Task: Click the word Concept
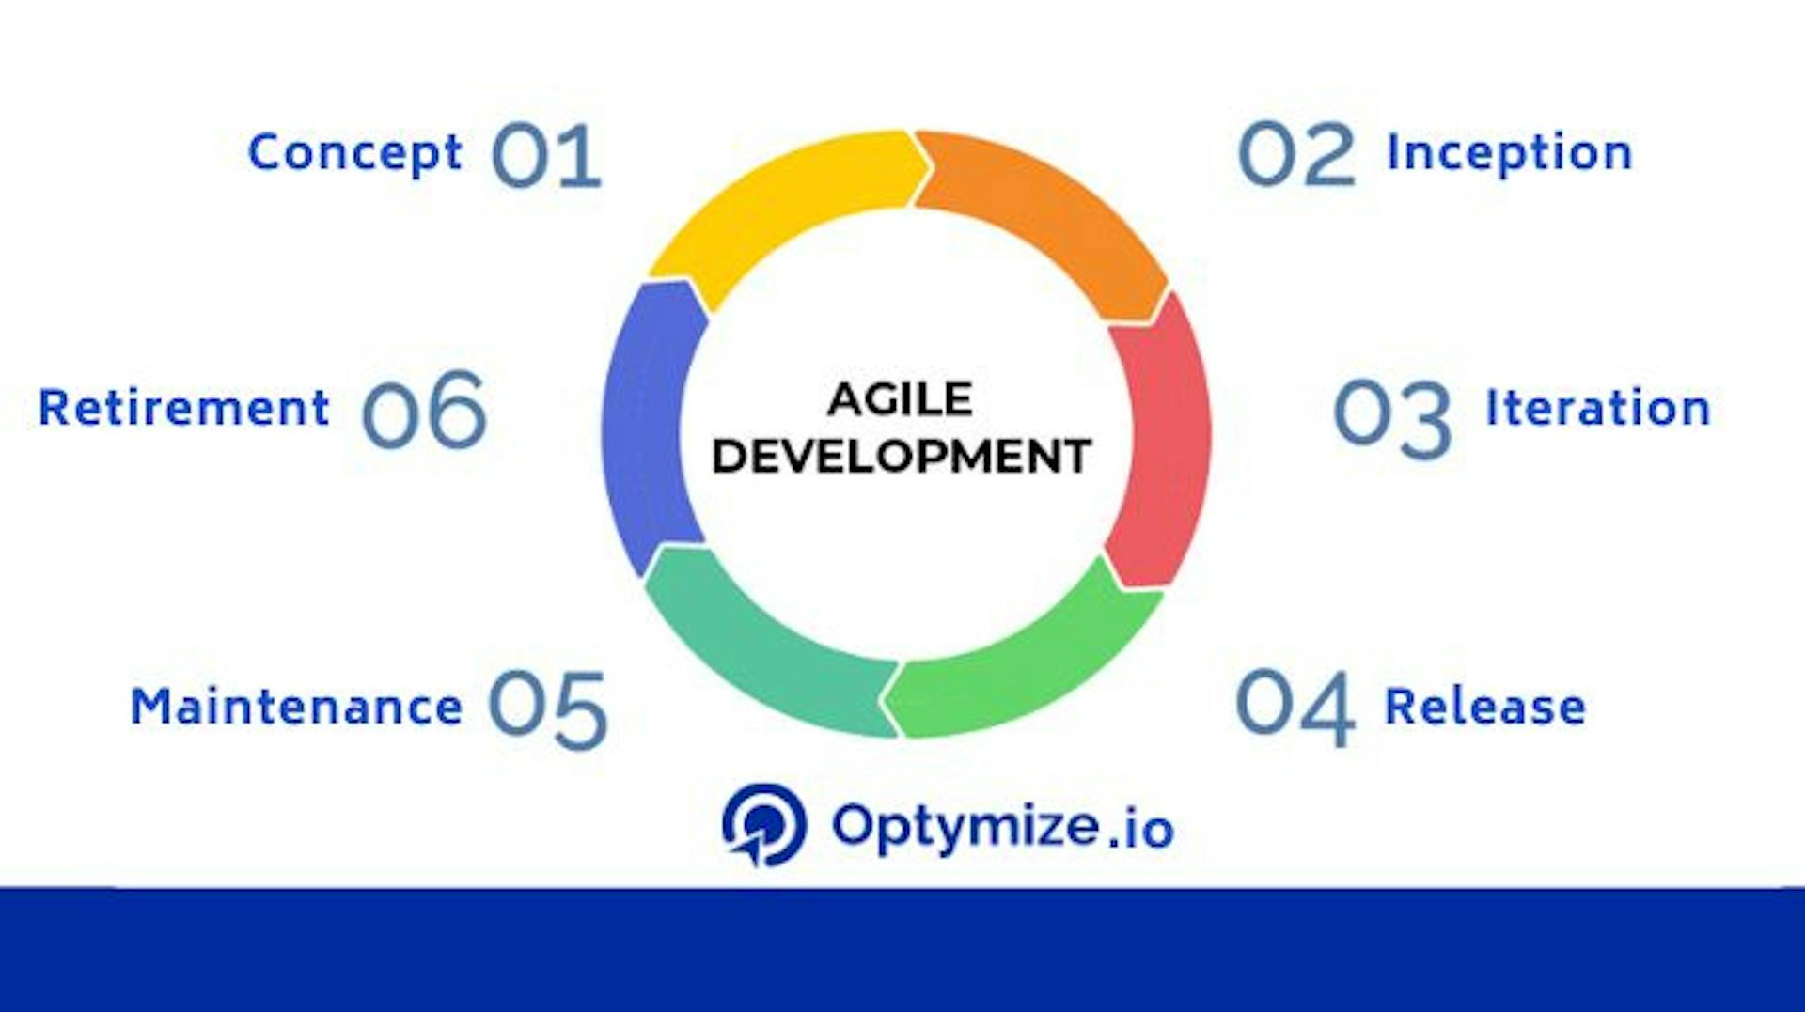coord(354,153)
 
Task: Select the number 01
coord(546,156)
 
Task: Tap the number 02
coord(1296,154)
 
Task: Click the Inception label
coord(1509,153)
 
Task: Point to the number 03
coord(1392,419)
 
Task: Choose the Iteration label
coord(1597,409)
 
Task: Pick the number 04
coord(1295,707)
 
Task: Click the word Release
coord(1485,707)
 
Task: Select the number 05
coord(547,709)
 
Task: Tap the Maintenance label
coord(296,707)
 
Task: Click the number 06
coord(424,411)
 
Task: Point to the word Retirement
coord(184,409)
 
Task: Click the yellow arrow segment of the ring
coord(780,207)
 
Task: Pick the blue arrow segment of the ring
coord(647,423)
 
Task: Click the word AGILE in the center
coord(900,399)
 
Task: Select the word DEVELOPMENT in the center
coord(901,457)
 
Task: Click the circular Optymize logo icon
coord(763,825)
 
